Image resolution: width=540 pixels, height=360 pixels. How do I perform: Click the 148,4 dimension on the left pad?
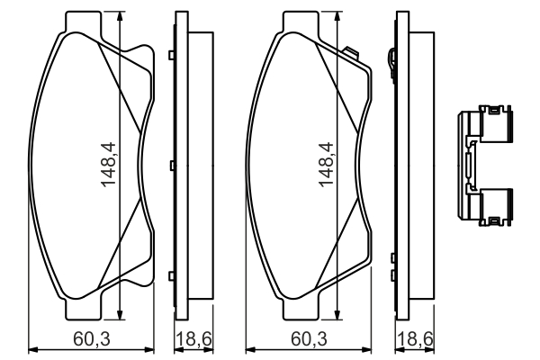click(109, 165)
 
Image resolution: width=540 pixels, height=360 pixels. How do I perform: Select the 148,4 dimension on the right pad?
click(326, 165)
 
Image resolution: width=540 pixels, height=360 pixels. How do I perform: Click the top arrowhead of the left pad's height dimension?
click(120, 16)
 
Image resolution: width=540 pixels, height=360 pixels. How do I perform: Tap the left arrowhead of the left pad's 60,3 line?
click(32, 350)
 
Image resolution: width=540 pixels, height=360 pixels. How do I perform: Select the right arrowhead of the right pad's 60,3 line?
click(367, 350)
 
